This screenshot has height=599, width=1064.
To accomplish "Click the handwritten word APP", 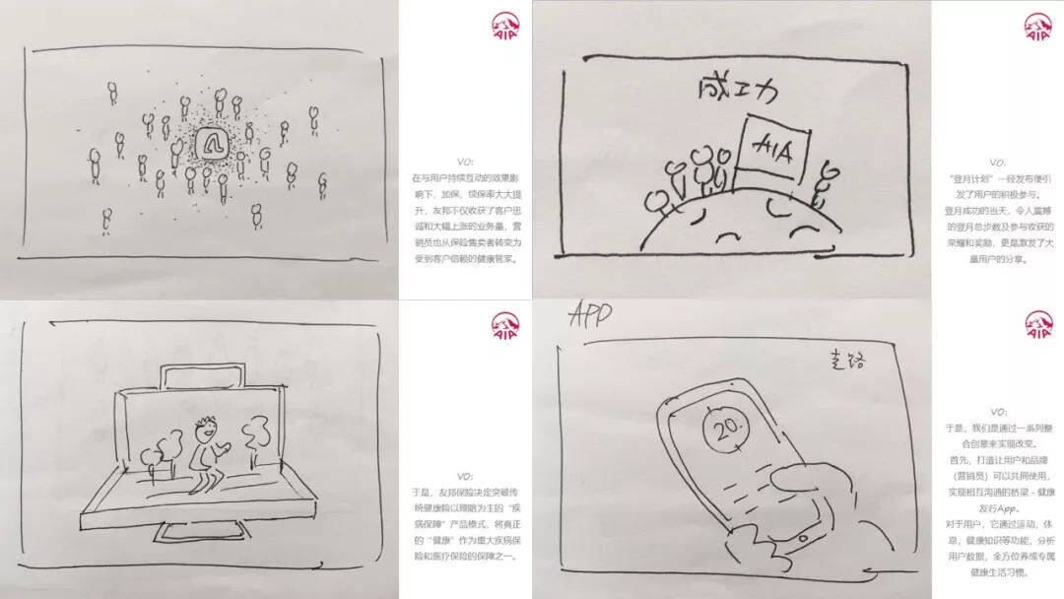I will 590,316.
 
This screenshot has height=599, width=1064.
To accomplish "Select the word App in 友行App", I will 1016,506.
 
